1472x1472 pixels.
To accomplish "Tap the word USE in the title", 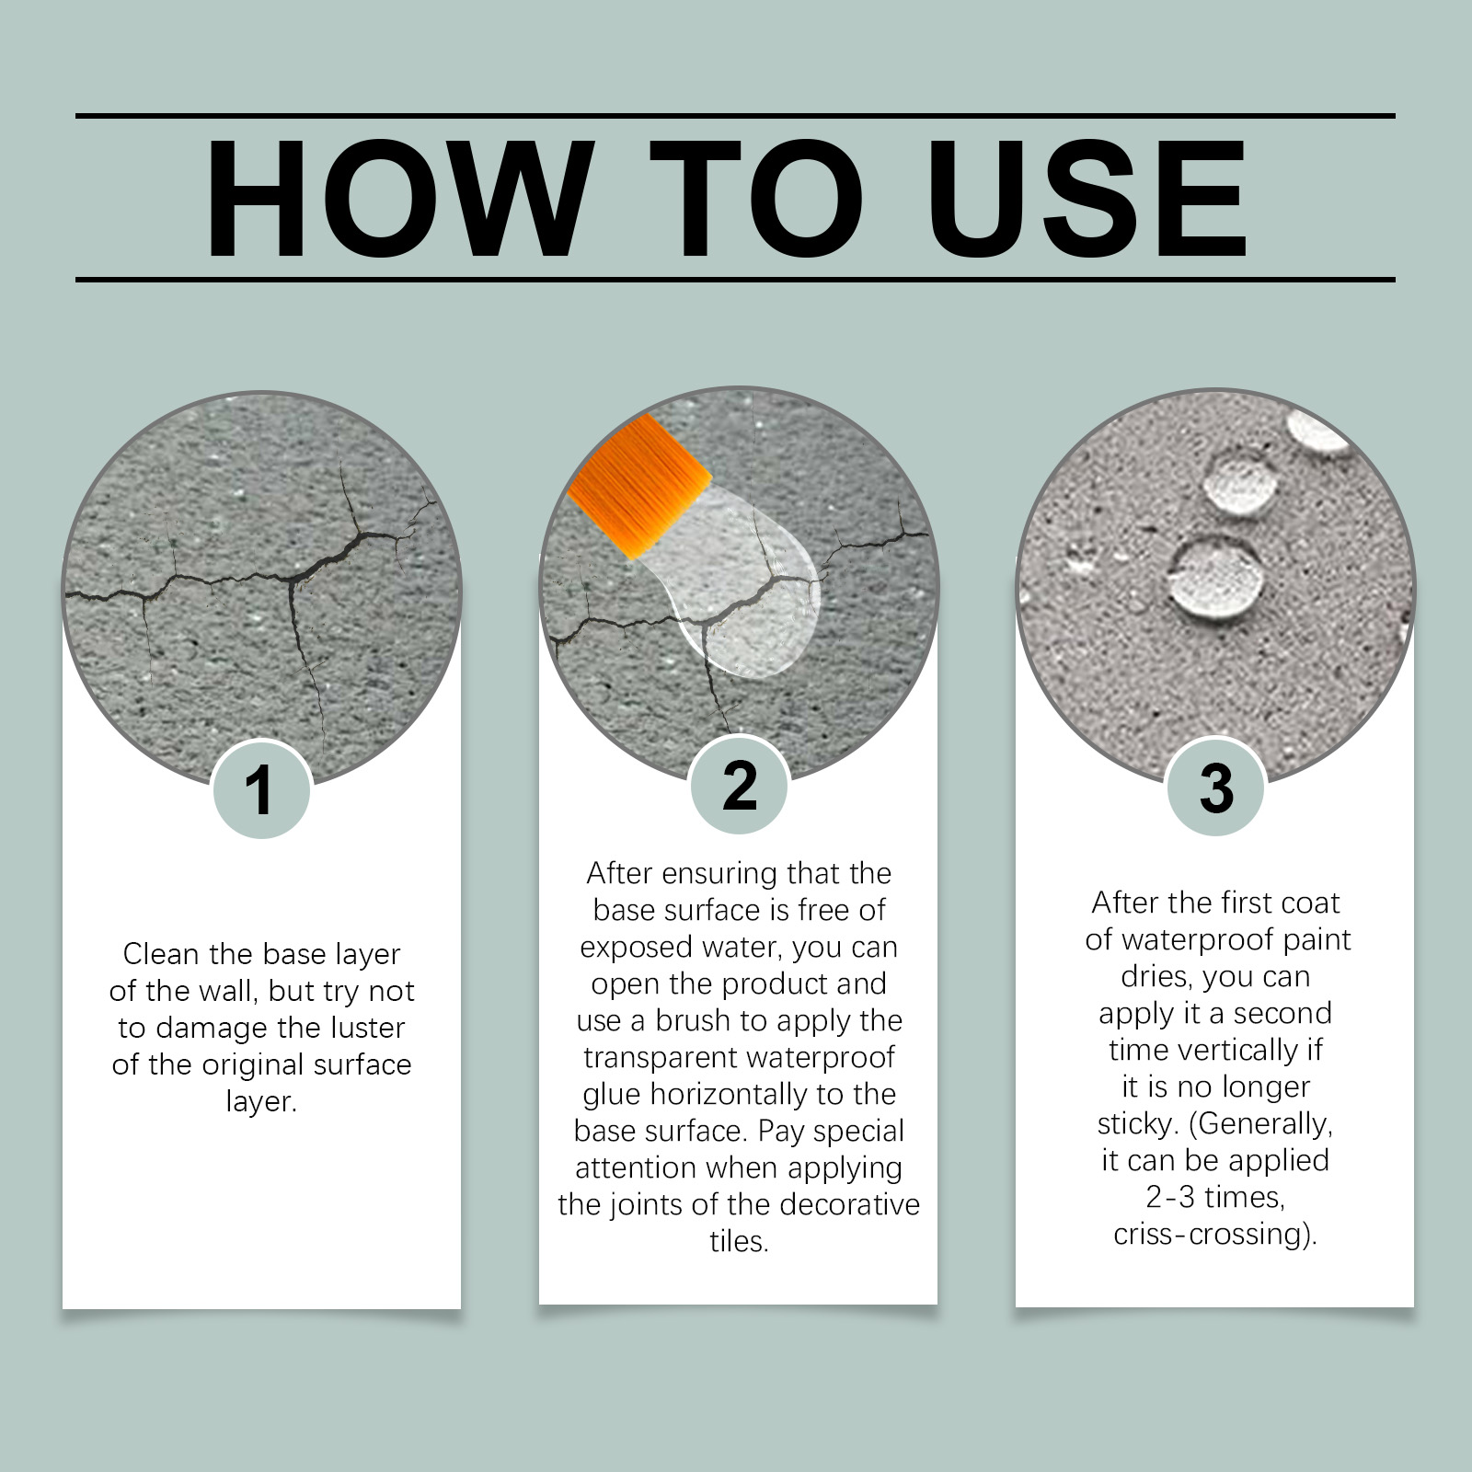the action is point(1087,199).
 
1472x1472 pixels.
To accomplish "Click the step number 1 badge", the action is point(261,789).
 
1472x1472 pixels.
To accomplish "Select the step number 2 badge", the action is point(740,785).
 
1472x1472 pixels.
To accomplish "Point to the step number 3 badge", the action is point(1216,788).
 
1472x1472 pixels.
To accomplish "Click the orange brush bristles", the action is point(638,486).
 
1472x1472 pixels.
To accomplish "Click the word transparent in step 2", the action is point(653,1058).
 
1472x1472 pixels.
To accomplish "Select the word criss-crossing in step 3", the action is point(1210,1234).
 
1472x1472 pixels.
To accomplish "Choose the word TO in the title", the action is point(757,199).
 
